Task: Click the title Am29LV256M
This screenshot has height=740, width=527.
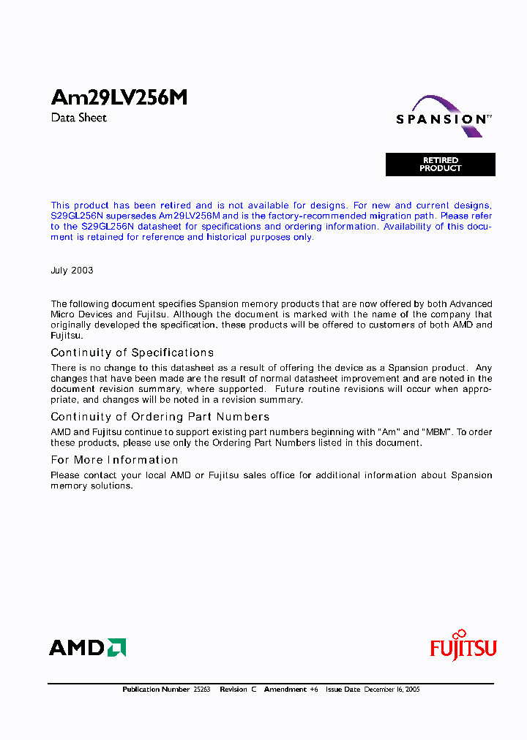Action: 119,98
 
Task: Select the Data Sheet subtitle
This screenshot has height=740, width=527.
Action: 79,118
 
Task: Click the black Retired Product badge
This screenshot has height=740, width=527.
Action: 441,165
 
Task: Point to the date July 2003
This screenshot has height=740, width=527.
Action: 72,271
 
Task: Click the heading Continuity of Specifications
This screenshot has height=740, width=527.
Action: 132,353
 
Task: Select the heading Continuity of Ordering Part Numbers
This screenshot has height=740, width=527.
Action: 160,417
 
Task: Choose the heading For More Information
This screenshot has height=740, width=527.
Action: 114,460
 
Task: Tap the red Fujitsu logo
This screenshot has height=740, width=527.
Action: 463,646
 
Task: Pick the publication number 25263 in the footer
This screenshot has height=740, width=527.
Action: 201,690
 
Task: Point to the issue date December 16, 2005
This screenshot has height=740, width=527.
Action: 392,690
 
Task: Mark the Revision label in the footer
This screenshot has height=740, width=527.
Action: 233,690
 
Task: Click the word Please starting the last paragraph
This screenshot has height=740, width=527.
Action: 65,475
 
